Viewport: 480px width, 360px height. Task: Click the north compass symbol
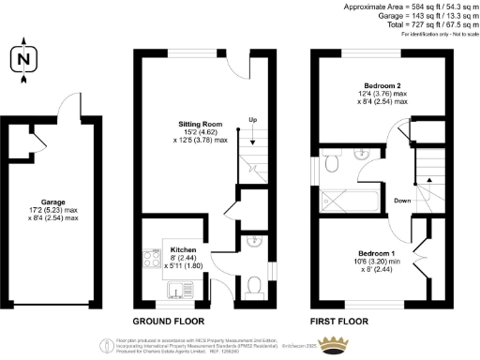[x=22, y=59]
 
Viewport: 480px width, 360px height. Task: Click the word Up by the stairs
[x=252, y=119]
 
